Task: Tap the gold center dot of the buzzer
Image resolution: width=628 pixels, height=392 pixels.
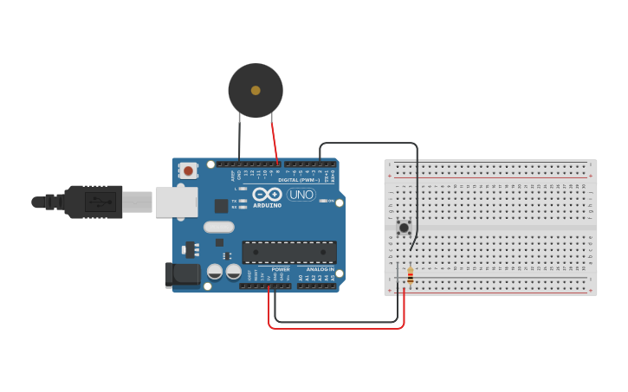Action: tap(256, 90)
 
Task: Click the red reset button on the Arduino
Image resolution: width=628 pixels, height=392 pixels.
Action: tap(189, 170)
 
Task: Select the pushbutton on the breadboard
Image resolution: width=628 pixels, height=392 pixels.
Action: tap(404, 228)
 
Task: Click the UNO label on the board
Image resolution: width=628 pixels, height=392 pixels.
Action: tap(301, 195)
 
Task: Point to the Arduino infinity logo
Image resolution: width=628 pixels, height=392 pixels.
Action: tap(268, 193)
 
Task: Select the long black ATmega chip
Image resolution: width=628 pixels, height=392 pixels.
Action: tap(289, 252)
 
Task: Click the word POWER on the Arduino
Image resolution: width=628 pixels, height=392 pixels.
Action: tap(280, 269)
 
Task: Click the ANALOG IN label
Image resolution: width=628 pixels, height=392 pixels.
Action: tap(320, 269)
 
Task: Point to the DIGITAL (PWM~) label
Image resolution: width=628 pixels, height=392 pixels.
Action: tap(300, 180)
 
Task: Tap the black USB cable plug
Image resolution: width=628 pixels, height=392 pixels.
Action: tap(90, 202)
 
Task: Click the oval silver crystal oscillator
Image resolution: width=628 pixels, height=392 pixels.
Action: tap(219, 227)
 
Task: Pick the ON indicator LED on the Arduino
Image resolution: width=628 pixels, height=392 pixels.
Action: tap(322, 201)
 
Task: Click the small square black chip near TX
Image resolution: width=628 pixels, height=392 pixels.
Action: tap(221, 206)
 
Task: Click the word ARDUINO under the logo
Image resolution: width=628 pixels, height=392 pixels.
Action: tap(268, 205)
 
